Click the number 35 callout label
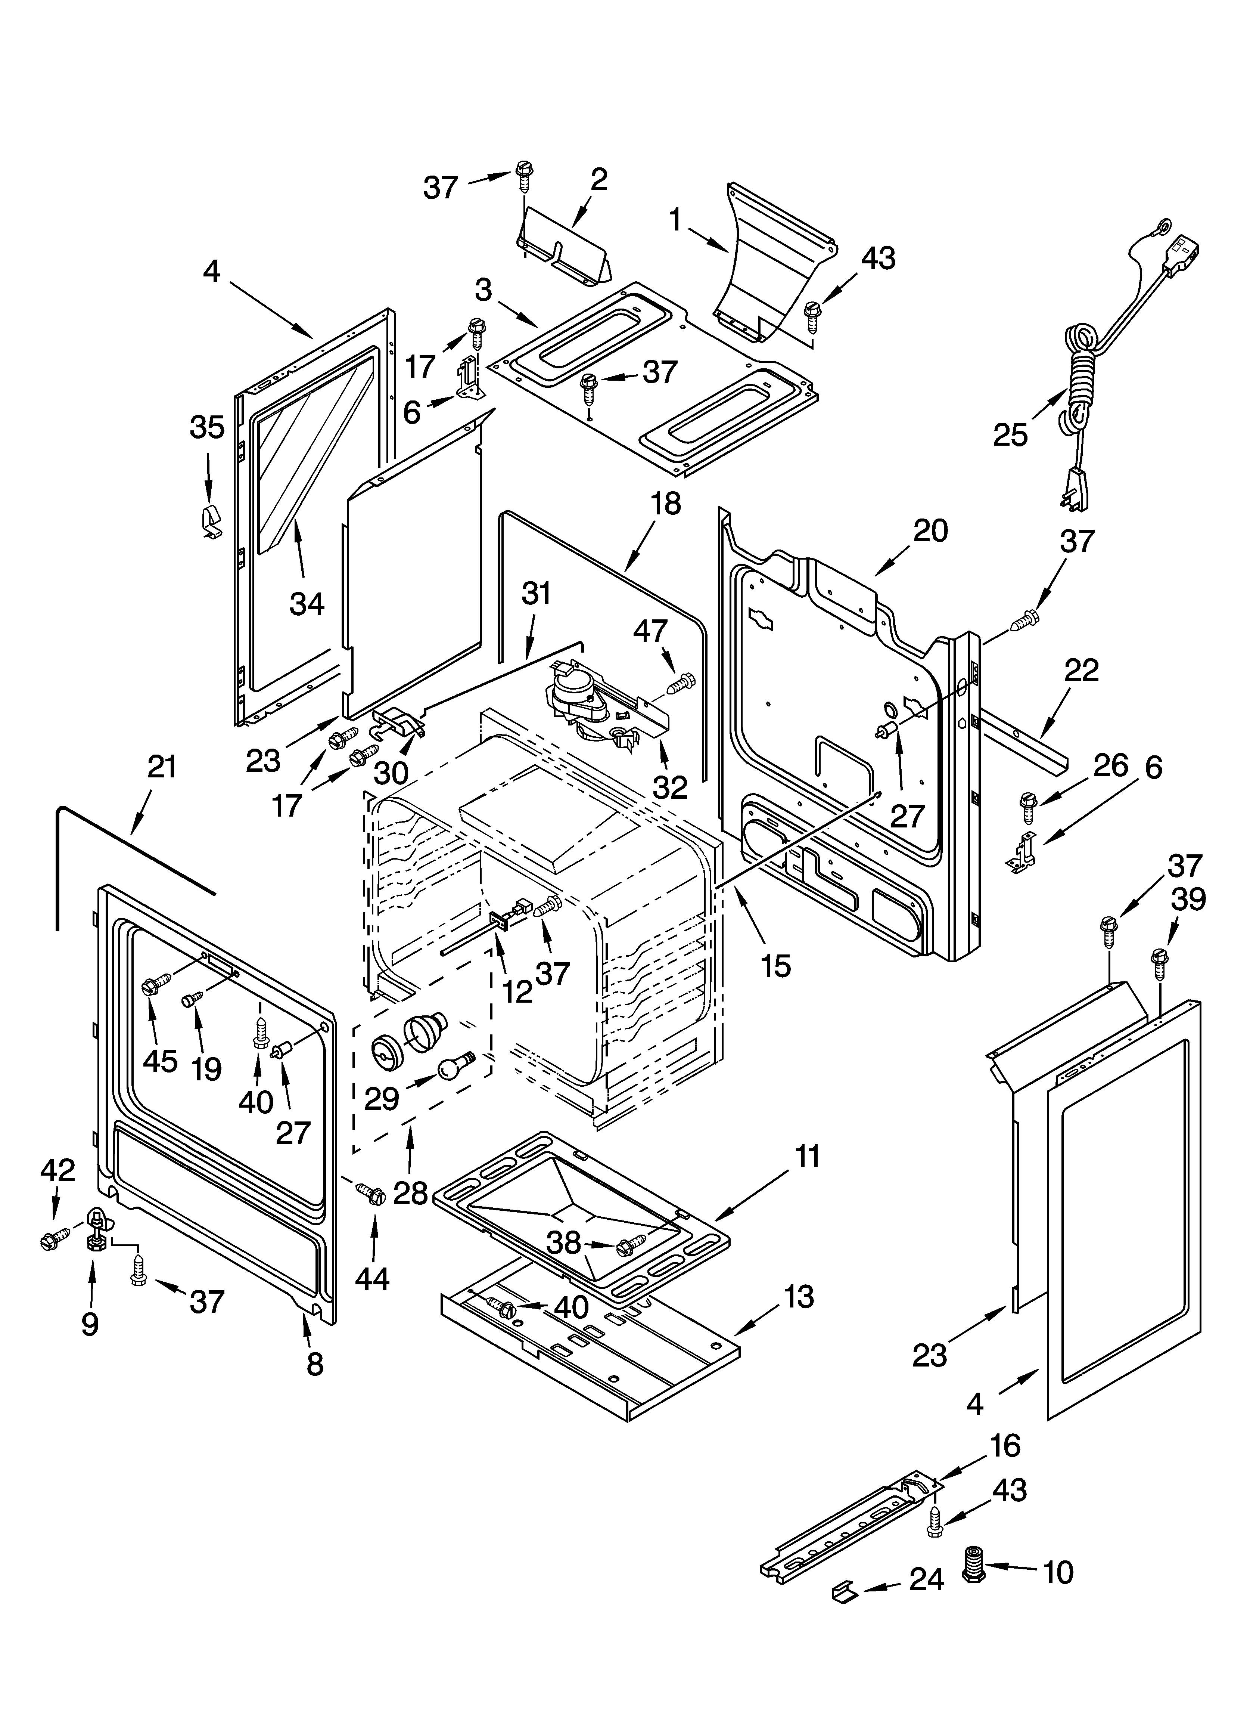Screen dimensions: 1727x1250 tap(207, 427)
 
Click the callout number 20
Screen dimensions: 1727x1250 tap(930, 531)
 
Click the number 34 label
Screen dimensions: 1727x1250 tap(307, 604)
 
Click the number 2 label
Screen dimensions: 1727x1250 tap(599, 180)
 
